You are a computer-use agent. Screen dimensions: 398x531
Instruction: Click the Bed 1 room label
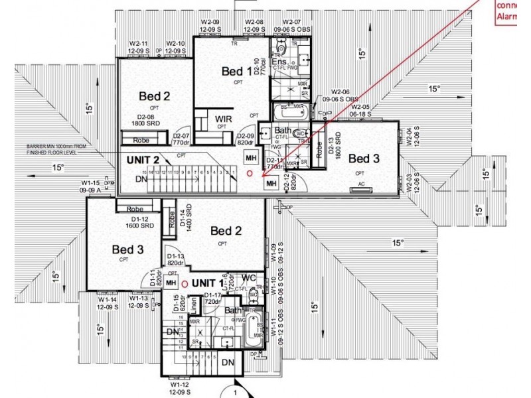coord(236,71)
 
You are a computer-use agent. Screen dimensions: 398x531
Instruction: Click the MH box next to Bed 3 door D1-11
coord(171,283)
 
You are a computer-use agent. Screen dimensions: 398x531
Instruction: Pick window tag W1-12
coord(180,387)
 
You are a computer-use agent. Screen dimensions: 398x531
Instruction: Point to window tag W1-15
coord(90,186)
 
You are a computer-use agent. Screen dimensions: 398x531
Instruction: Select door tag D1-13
coord(175,259)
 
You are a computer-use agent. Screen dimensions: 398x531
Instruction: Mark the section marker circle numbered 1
coord(236,391)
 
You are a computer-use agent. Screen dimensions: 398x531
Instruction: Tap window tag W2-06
coord(341,95)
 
